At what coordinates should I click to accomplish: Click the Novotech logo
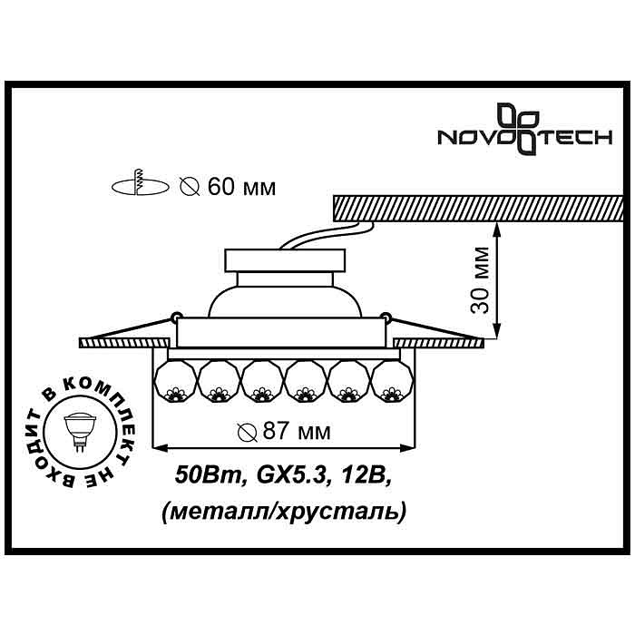(524, 129)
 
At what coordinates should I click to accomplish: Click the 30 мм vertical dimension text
(480, 279)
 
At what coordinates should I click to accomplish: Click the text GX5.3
(291, 475)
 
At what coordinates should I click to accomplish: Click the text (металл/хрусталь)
(284, 512)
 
